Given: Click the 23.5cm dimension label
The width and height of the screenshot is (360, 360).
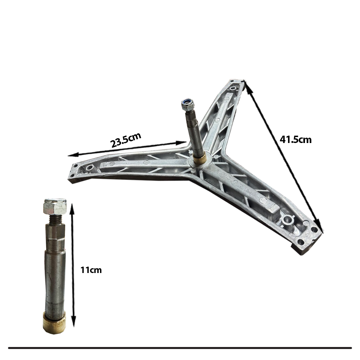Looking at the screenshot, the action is (x=126, y=140).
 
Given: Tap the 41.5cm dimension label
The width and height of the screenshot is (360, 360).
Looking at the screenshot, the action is (x=295, y=140).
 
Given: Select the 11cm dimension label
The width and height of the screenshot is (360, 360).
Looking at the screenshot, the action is (x=91, y=270).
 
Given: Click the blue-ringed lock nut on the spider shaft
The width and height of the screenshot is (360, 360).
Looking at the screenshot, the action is (x=188, y=104).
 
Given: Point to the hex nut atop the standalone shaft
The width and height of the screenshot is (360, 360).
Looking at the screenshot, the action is (x=55, y=206).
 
